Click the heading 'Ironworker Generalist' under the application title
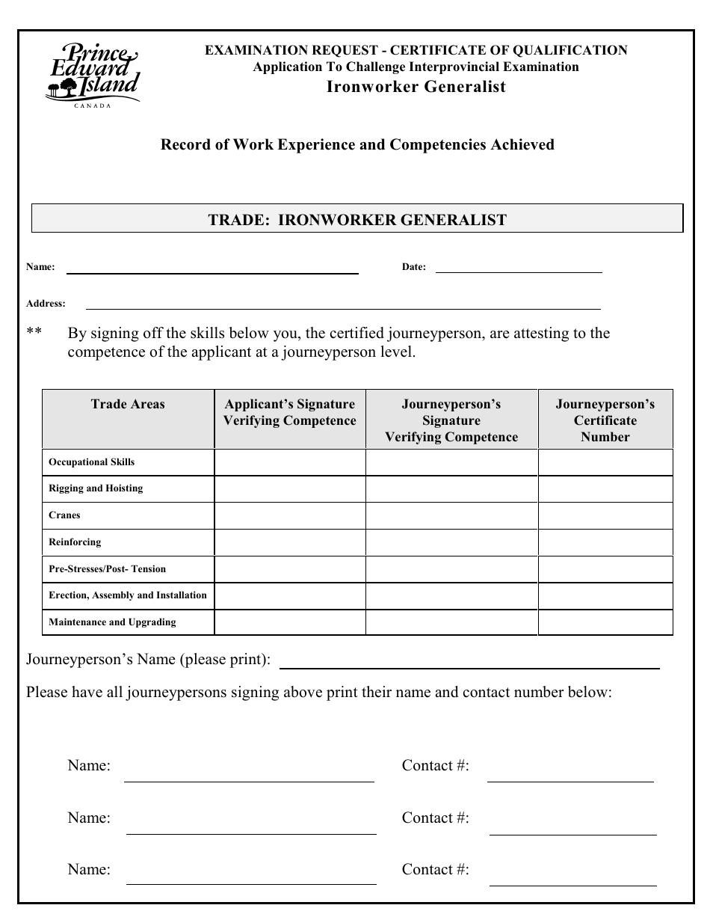click(416, 87)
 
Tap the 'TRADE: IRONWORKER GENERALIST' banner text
click(357, 220)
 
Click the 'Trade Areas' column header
click(128, 405)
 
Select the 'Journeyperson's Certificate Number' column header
click(605, 420)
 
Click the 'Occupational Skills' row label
click(92, 462)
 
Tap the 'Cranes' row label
click(65, 515)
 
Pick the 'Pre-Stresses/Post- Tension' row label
click(108, 569)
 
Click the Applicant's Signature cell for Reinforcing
click(290, 542)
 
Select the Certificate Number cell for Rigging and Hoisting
click(605, 489)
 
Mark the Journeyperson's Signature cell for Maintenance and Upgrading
click(451, 622)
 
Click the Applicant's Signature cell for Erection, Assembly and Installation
click(290, 596)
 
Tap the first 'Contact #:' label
click(436, 766)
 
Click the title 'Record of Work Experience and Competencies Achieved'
click(357, 145)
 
